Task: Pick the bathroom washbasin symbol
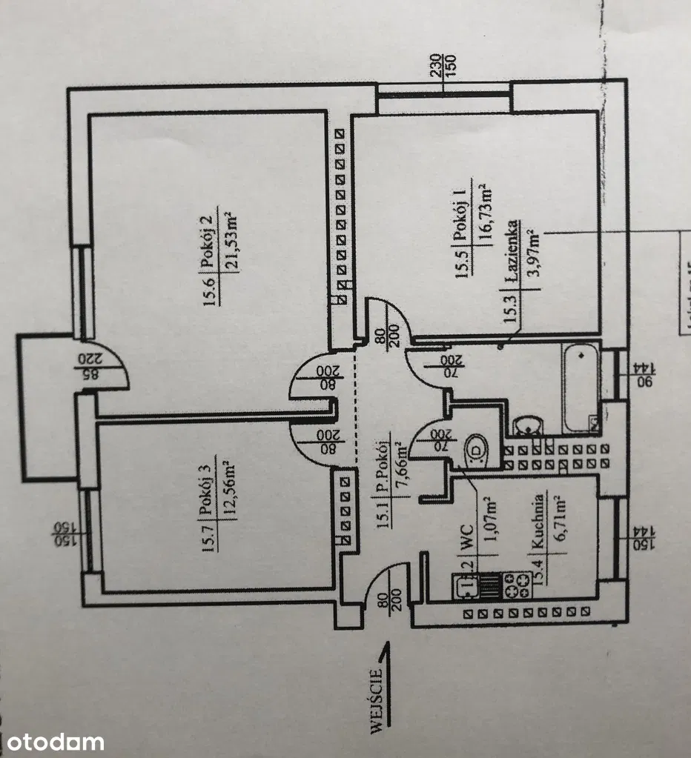click(x=528, y=428)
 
